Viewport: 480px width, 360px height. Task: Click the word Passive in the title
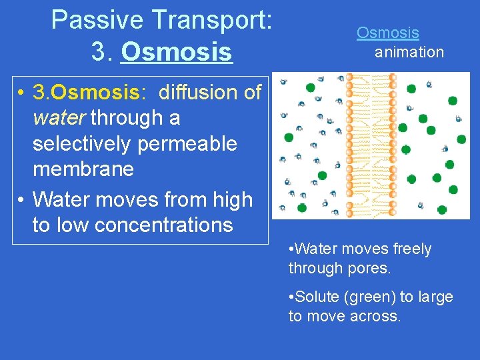tap(94, 20)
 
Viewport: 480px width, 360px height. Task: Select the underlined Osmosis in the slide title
tap(177, 51)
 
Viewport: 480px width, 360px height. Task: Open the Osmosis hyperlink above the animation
tap(387, 33)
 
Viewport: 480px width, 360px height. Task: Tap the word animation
tap(409, 52)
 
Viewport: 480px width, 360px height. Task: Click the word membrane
tap(83, 169)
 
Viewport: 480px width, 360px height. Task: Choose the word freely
tap(409, 249)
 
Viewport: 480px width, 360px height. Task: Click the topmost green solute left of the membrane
tap(310, 87)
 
